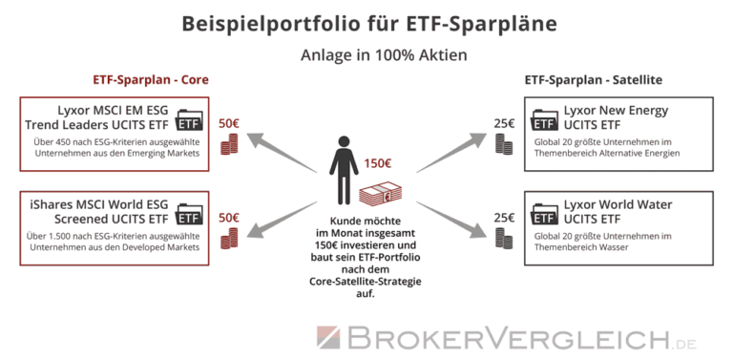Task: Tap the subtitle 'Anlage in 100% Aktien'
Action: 366,54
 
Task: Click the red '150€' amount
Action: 377,163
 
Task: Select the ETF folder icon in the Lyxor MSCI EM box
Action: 190,123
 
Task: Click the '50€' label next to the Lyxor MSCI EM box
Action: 229,124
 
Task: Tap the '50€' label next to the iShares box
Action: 229,218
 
